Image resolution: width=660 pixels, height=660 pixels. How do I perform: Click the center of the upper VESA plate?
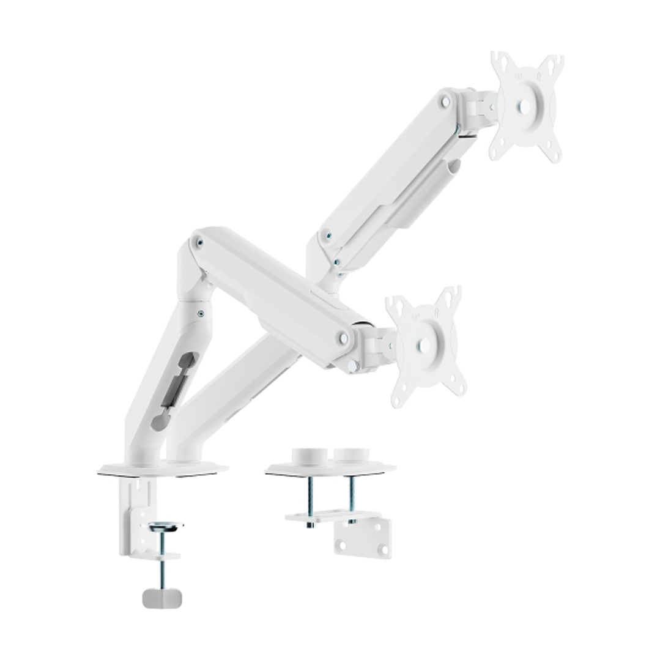(x=524, y=106)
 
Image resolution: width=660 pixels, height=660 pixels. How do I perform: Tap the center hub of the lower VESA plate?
(x=423, y=346)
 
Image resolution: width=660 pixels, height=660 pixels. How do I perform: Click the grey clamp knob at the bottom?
(x=161, y=597)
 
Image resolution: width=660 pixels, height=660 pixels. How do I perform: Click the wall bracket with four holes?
(x=362, y=538)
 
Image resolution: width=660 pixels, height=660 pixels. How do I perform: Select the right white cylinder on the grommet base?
(x=349, y=456)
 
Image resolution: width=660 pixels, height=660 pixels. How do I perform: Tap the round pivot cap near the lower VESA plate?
(x=344, y=338)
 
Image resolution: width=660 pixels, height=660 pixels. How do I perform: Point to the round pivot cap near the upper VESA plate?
(x=446, y=101)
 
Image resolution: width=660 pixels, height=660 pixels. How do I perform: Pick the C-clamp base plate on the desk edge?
(x=162, y=469)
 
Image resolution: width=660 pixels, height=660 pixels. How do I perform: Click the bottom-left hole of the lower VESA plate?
(x=397, y=401)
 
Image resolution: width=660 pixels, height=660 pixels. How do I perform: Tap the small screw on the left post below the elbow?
(x=201, y=314)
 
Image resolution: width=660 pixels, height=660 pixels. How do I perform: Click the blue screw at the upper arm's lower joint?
(x=328, y=235)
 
